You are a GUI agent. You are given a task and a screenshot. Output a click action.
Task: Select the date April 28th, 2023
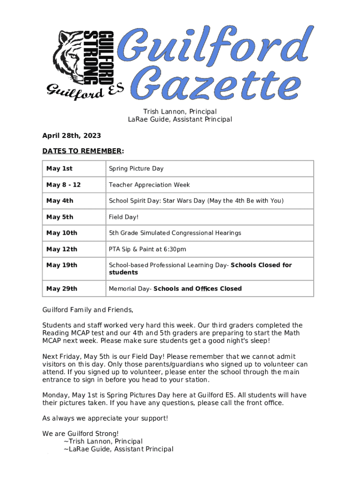(x=72, y=136)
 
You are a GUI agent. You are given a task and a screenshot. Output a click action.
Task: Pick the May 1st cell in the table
(x=59, y=168)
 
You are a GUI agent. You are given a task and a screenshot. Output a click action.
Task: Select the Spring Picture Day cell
(x=136, y=168)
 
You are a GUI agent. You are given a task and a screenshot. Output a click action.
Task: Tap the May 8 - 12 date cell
(x=64, y=185)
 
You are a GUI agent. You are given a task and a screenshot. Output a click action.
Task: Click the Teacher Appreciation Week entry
(x=149, y=185)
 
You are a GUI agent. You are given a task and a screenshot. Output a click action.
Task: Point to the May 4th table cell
(x=60, y=201)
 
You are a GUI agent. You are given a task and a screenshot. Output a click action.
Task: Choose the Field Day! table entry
(x=124, y=217)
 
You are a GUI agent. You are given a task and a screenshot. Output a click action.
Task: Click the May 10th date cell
(x=62, y=233)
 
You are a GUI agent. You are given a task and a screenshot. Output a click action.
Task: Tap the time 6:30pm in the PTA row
(x=175, y=249)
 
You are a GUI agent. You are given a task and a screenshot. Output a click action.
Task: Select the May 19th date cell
(x=62, y=265)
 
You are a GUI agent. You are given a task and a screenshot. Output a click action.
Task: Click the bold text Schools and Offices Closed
(x=197, y=289)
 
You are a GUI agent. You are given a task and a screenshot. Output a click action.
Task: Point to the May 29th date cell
(x=62, y=289)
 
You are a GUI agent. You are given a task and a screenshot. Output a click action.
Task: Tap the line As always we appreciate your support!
(x=105, y=418)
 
